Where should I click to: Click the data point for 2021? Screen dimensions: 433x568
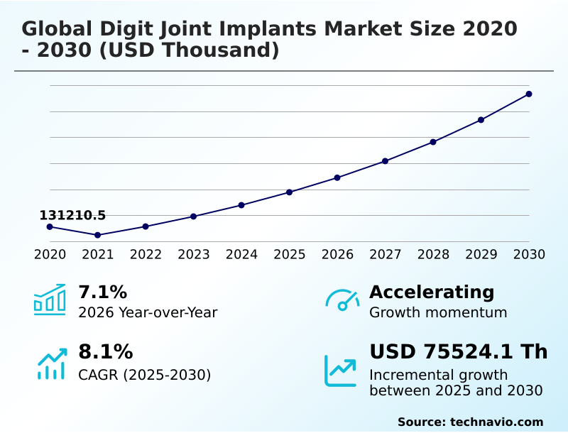tap(97, 235)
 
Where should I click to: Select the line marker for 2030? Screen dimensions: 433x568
tap(529, 94)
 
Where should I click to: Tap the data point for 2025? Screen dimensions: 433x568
tap(290, 192)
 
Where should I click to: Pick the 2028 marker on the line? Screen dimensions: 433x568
tap(433, 142)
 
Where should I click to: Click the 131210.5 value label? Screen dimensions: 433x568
tap(72, 215)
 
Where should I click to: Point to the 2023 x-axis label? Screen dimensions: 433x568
tap(194, 255)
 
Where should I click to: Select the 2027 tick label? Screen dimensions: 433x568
tap(386, 255)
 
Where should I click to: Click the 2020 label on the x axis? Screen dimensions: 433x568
tap(50, 255)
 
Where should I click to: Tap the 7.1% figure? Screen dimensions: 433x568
tap(102, 292)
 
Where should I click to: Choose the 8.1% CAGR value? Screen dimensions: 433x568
tap(105, 352)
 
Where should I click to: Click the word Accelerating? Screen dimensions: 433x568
tap(432, 292)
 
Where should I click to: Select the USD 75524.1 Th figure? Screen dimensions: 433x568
tap(459, 352)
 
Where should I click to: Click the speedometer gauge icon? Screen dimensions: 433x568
tap(342, 300)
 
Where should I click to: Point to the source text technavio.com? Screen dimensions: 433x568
tap(496, 422)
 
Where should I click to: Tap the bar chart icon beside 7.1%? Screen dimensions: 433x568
tap(50, 300)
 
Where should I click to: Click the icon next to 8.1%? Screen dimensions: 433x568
tap(51, 364)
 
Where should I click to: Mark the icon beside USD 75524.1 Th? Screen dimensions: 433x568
tap(341, 371)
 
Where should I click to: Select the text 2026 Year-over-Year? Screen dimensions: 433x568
tap(148, 312)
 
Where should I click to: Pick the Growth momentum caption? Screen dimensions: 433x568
tap(438, 312)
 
